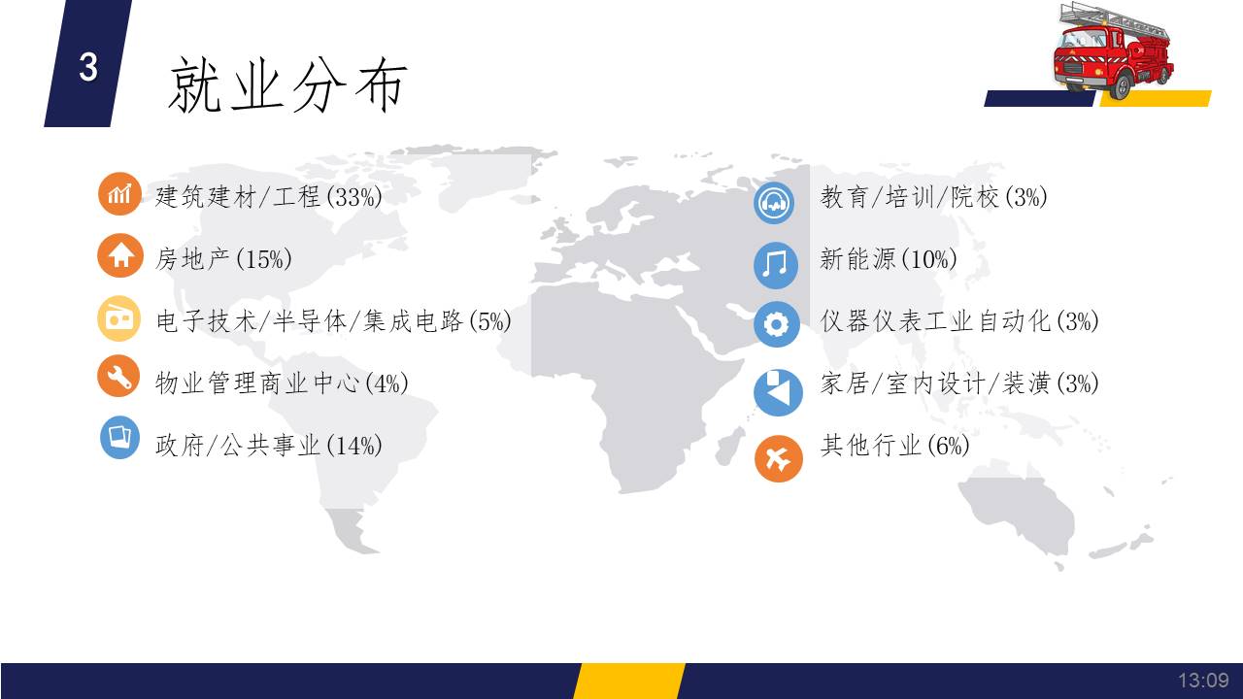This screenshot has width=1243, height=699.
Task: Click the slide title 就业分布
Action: (x=287, y=85)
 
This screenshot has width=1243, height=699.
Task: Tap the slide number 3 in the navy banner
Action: (x=88, y=67)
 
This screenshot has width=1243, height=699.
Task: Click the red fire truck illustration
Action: (x=1113, y=51)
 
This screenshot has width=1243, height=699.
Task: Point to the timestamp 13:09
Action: (x=1203, y=681)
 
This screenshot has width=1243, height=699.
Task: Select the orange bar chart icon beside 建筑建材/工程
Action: (x=119, y=193)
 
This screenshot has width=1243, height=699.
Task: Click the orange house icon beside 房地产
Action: (x=120, y=255)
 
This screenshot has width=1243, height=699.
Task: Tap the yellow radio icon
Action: (x=119, y=318)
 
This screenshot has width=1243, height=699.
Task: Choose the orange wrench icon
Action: (x=118, y=376)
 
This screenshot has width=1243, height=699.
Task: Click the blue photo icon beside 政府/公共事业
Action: (x=119, y=437)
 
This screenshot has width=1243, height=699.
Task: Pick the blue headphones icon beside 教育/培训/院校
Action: (x=774, y=203)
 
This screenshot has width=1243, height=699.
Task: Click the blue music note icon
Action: (x=776, y=265)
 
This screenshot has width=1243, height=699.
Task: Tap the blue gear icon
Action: (x=776, y=324)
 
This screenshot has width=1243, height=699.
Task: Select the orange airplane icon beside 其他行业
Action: (x=779, y=458)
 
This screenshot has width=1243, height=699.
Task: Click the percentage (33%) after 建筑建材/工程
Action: (x=354, y=196)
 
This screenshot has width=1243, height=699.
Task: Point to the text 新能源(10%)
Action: (x=889, y=259)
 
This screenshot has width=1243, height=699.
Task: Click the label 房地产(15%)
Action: (x=223, y=259)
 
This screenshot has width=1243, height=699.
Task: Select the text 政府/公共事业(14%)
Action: (x=269, y=445)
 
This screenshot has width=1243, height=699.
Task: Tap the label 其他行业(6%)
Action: (x=894, y=445)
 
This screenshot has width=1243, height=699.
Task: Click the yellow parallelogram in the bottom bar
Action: (x=629, y=681)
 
